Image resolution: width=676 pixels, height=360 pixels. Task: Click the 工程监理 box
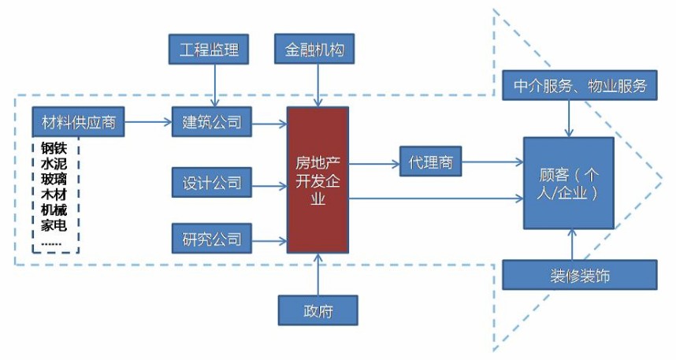(210, 50)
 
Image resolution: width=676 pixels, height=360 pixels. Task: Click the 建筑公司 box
(211, 122)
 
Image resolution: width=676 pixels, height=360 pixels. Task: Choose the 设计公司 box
(211, 184)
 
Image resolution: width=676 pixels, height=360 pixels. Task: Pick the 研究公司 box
(211, 238)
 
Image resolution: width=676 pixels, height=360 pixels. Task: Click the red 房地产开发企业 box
(317, 180)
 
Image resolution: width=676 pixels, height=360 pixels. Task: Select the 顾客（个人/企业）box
(568, 183)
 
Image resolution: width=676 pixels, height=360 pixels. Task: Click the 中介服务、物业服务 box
(579, 85)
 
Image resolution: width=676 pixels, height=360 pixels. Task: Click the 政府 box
(317, 310)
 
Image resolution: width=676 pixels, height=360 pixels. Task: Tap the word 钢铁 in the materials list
(54, 148)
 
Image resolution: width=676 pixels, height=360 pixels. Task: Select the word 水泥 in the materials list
(54, 164)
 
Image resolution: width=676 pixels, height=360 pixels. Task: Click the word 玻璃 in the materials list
(54, 179)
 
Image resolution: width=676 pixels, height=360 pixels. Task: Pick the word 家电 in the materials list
(54, 225)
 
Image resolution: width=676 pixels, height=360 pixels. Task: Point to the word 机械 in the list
(54, 210)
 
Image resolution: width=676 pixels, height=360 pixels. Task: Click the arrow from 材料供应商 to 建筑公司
(147, 122)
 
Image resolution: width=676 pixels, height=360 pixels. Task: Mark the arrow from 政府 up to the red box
(317, 274)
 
